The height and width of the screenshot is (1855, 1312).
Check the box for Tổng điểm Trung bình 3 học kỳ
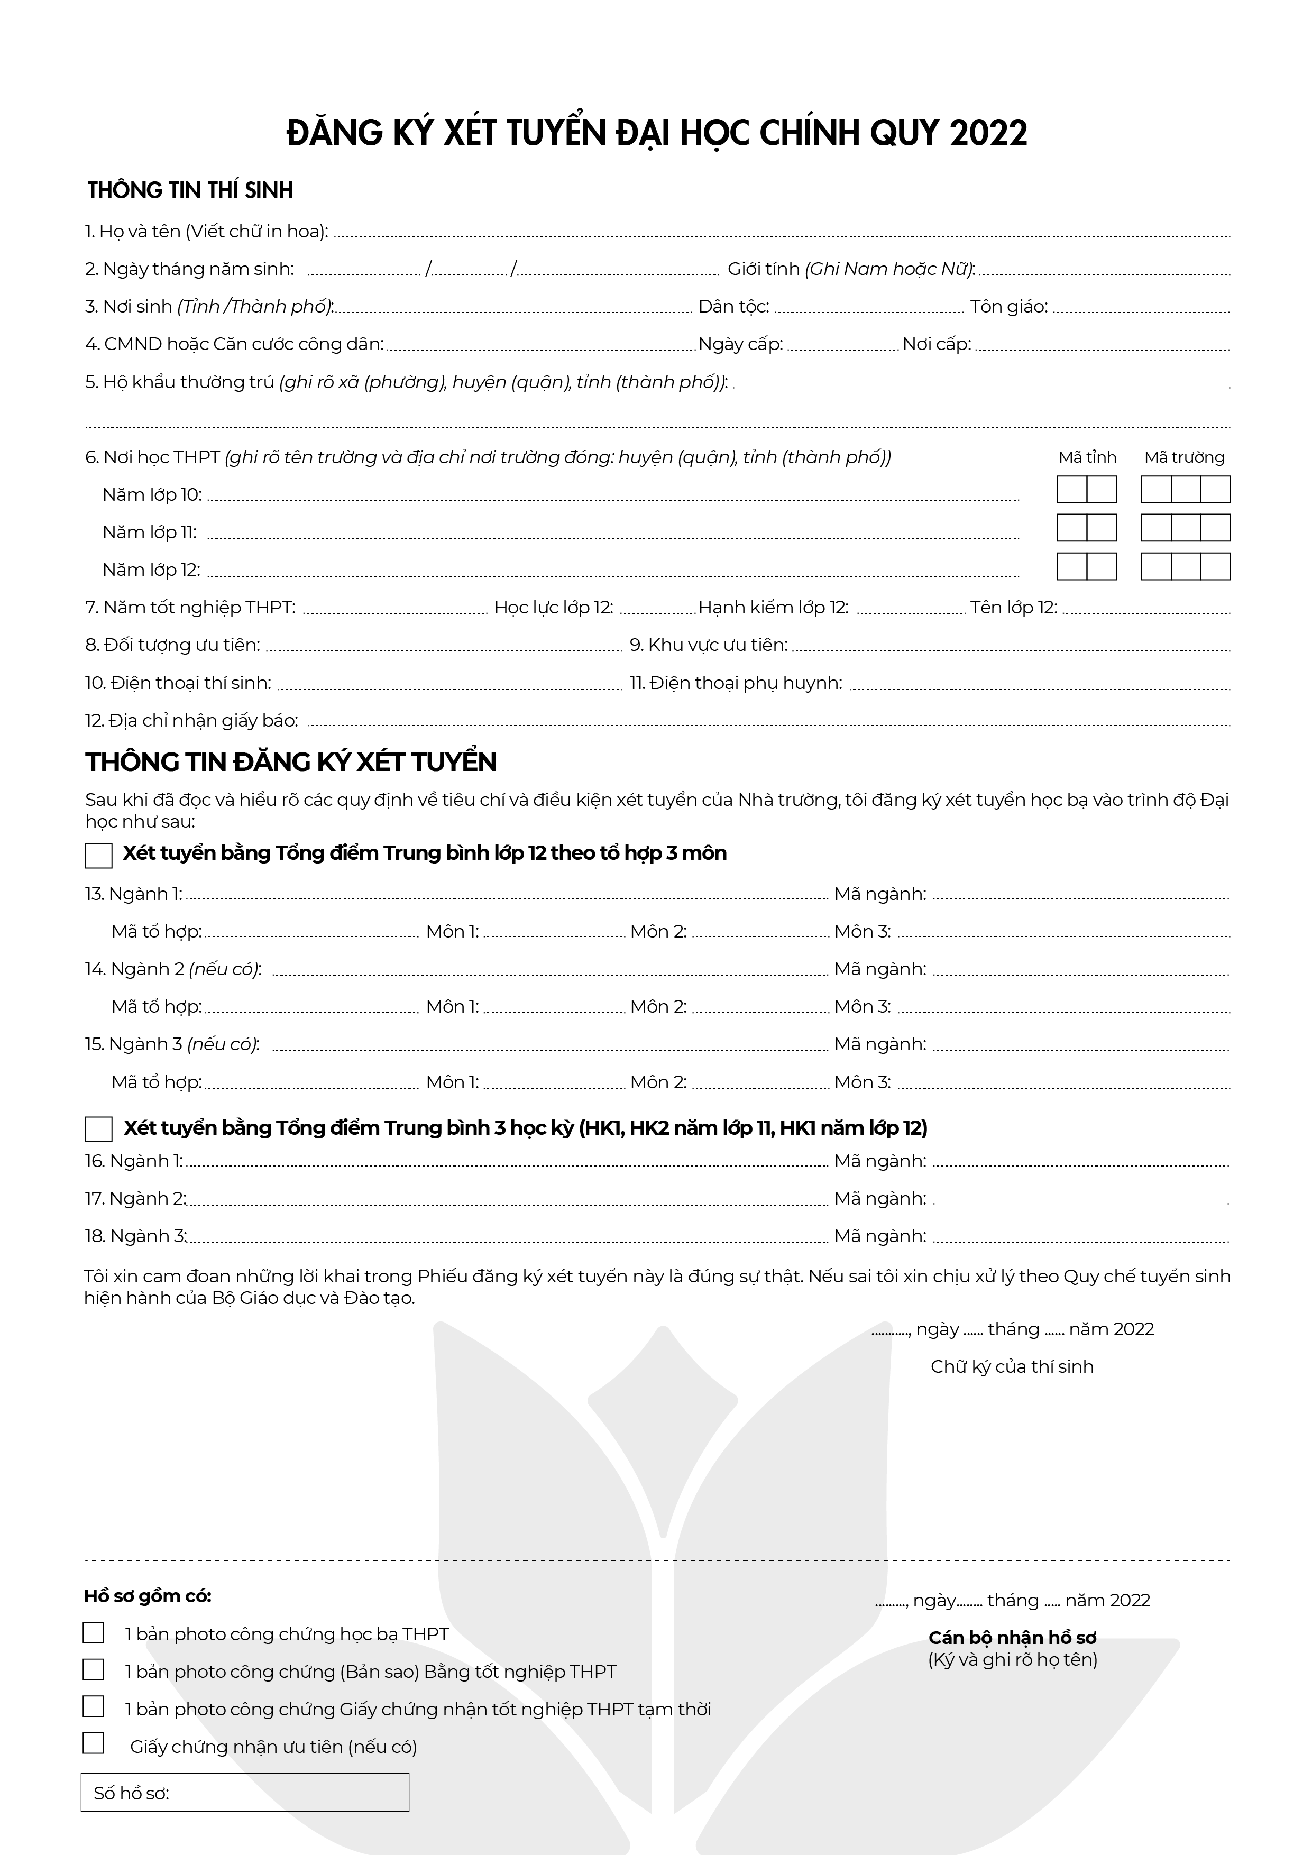coord(98,1128)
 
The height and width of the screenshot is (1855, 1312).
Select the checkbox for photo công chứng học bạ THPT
coord(94,1633)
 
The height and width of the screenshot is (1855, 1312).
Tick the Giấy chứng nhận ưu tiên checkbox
coord(94,1743)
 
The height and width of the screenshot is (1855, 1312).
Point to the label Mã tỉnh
coord(1087,457)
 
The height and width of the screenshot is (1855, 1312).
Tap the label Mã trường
coord(1185,457)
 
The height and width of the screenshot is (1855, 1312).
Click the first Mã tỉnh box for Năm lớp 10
coord(1072,490)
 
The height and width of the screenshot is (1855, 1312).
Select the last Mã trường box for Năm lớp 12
coord(1215,566)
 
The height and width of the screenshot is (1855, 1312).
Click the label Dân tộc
coord(733,307)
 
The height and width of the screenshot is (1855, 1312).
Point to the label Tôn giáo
coord(1009,307)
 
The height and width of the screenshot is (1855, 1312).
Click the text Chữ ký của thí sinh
coord(1012,1366)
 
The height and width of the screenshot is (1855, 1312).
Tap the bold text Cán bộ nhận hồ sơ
coord(1012,1638)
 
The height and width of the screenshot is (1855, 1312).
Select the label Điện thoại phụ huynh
coord(736,684)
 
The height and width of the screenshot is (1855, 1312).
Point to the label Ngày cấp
coord(740,345)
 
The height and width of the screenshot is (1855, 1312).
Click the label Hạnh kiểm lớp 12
coord(773,608)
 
